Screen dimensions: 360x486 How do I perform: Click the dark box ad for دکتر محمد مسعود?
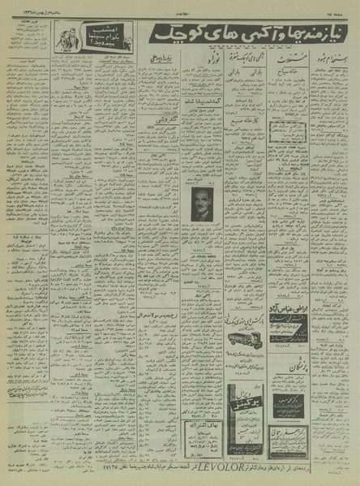click(289, 403)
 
